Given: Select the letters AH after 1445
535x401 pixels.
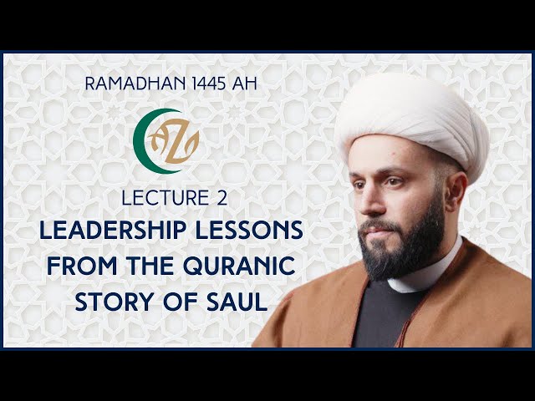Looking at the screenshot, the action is (x=244, y=84).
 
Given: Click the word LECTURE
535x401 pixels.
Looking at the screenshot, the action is (x=166, y=198).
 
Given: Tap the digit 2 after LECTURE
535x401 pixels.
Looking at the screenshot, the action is (x=222, y=198).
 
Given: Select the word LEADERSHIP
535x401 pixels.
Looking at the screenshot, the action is (x=113, y=230).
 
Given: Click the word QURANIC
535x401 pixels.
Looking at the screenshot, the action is (x=239, y=266).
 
